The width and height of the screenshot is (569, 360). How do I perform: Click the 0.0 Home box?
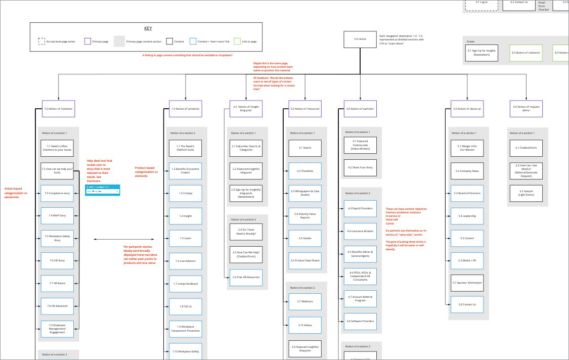pyautogui.click(x=360, y=39)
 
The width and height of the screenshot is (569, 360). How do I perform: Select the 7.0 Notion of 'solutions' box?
pyautogui.click(x=58, y=109)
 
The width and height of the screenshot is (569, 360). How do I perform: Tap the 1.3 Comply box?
pyautogui.click(x=185, y=193)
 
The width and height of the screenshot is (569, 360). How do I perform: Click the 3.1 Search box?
pyautogui.click(x=305, y=148)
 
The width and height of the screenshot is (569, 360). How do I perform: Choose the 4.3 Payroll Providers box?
pyautogui.click(x=360, y=208)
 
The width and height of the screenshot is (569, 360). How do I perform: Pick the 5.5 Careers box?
pyautogui.click(x=467, y=238)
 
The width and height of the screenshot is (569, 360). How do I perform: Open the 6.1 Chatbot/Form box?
pyautogui.click(x=526, y=148)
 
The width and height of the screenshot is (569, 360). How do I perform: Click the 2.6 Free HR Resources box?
pyautogui.click(x=246, y=277)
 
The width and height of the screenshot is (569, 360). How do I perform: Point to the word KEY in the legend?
pyautogui.click(x=148, y=28)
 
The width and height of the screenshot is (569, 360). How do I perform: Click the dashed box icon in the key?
pyautogui.click(x=41, y=41)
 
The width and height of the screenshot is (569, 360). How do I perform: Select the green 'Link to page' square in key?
pyautogui.click(x=237, y=41)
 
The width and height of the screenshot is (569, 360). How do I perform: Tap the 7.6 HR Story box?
pyautogui.click(x=57, y=260)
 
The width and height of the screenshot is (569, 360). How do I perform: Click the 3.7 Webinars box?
pyautogui.click(x=305, y=301)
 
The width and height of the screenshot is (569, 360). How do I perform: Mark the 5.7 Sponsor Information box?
pyautogui.click(x=467, y=283)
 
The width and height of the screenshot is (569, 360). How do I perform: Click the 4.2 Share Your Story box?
pyautogui.click(x=360, y=168)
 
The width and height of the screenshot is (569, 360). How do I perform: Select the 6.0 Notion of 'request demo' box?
pyautogui.click(x=526, y=109)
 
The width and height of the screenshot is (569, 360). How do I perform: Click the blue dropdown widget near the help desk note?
pyautogui.click(x=103, y=190)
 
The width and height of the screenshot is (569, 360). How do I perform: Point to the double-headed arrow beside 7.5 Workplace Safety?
pyautogui.click(x=110, y=239)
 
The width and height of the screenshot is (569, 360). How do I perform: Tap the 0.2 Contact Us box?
pyautogui.click(x=518, y=3)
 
